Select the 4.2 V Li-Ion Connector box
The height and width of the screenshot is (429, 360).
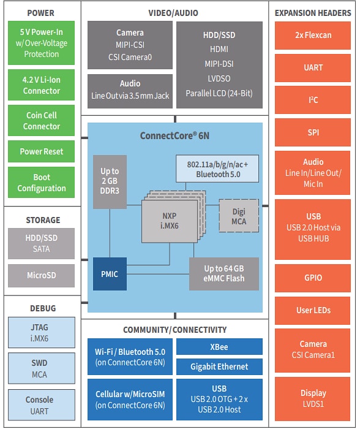pyautogui.click(x=42, y=85)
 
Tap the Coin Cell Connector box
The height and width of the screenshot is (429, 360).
pyautogui.click(x=42, y=121)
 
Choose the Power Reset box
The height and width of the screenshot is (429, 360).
pyautogui.click(x=42, y=151)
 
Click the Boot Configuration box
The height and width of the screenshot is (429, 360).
pyautogui.click(x=42, y=183)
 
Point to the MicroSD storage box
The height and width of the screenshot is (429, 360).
pyautogui.click(x=42, y=275)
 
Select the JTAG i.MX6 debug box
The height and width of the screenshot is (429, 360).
pyautogui.click(x=42, y=332)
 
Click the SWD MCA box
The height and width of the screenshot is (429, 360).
pyautogui.click(x=42, y=368)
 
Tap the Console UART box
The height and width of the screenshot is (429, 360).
pyautogui.click(x=42, y=404)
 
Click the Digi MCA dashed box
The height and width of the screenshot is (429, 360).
pyautogui.click(x=239, y=216)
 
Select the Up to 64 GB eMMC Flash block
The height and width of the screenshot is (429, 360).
pyautogui.click(x=224, y=273)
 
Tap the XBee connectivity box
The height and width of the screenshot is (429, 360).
pyautogui.click(x=219, y=347)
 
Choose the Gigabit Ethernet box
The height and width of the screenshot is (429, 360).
pyautogui.click(x=219, y=366)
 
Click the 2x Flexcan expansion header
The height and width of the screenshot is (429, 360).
pyautogui.click(x=313, y=36)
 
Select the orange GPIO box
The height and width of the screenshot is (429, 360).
pyautogui.click(x=313, y=278)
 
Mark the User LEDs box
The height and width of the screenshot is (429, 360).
pyautogui.click(x=313, y=310)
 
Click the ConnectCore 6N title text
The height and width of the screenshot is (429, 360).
pyautogui.click(x=174, y=135)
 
